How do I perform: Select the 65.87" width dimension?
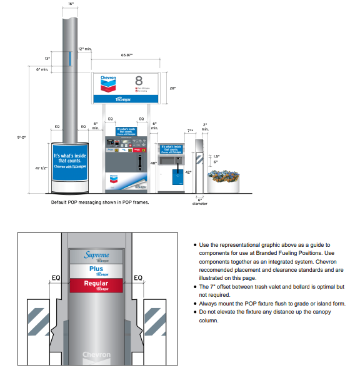point(127,56)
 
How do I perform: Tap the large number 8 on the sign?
point(139,81)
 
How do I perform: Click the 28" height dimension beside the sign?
point(173,89)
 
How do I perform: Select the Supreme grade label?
point(97,256)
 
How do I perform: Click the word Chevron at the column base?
point(97,356)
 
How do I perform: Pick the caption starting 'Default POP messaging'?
point(100,202)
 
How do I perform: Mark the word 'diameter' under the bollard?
point(200,204)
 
